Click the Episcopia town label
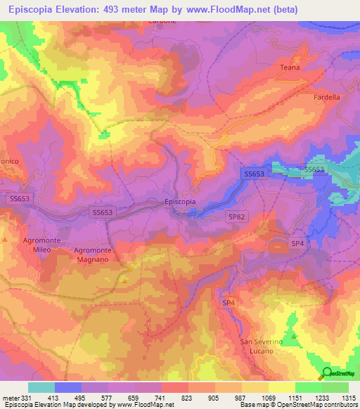tap(180, 202)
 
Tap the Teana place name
tap(291, 67)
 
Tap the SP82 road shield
tap(236, 218)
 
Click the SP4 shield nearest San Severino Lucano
tap(229, 302)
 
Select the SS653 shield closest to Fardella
tap(314, 169)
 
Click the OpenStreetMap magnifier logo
tap(326, 373)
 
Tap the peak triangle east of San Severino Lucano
tap(293, 336)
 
